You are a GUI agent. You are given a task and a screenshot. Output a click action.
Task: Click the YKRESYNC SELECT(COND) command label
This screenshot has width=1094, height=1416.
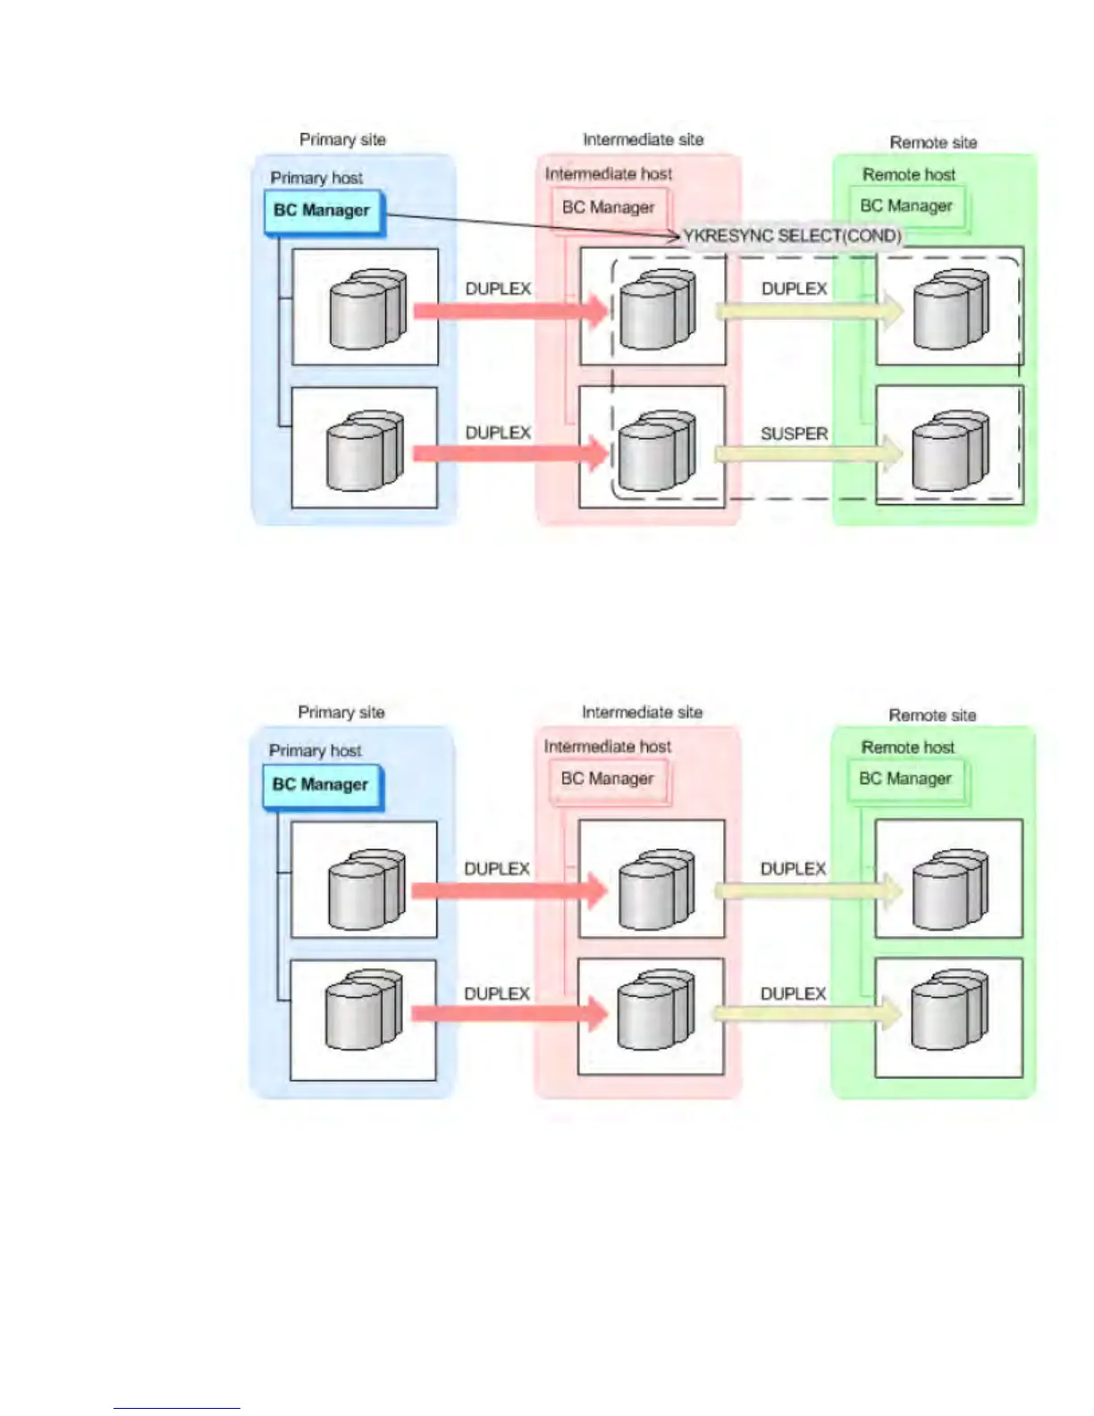(792, 236)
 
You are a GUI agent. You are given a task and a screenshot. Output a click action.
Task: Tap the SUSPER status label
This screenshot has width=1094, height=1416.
(794, 434)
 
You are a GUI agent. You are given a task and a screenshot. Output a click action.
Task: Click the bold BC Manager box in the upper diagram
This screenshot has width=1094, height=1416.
(322, 211)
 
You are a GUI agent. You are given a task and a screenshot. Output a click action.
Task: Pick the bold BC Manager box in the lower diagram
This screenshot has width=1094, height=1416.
(321, 785)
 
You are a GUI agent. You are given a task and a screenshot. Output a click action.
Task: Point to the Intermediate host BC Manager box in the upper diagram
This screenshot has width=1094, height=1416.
(609, 207)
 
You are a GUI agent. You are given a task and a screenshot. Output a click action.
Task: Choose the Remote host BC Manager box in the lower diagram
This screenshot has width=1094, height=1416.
(905, 779)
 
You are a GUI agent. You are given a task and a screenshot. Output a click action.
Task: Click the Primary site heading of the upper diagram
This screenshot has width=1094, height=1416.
(342, 139)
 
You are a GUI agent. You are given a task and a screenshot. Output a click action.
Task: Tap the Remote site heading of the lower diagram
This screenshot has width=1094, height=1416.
(932, 715)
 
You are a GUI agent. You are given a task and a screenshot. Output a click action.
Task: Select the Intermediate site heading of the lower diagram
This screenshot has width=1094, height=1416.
(642, 712)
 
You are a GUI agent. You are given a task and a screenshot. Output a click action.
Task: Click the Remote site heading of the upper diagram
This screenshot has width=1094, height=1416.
(933, 142)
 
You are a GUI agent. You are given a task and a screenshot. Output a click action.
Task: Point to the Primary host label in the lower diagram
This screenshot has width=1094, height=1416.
(315, 751)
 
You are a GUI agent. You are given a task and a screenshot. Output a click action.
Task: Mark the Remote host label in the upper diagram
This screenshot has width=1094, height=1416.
(909, 174)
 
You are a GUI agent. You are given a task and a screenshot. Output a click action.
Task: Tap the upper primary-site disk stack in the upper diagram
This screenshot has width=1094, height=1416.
(367, 309)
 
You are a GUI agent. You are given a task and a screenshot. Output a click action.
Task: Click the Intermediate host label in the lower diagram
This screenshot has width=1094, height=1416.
(607, 746)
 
